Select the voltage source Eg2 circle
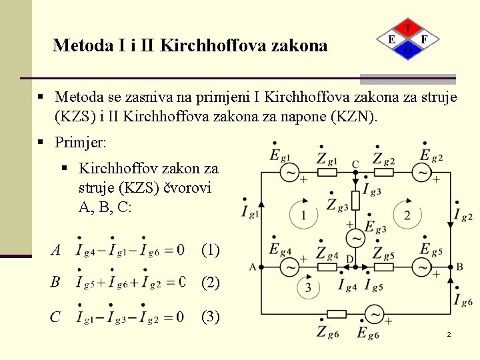(x=423, y=173)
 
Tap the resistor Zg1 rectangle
(x=327, y=173)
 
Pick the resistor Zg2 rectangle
(x=385, y=173)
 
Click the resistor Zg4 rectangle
(x=327, y=267)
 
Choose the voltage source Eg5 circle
(x=423, y=267)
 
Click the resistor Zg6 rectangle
(x=336, y=314)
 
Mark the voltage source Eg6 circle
(x=375, y=314)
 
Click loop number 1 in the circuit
(x=304, y=215)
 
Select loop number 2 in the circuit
(x=407, y=215)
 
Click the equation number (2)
(x=210, y=283)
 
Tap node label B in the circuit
(x=459, y=267)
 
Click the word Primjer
(x=80, y=143)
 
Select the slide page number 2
(x=449, y=333)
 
